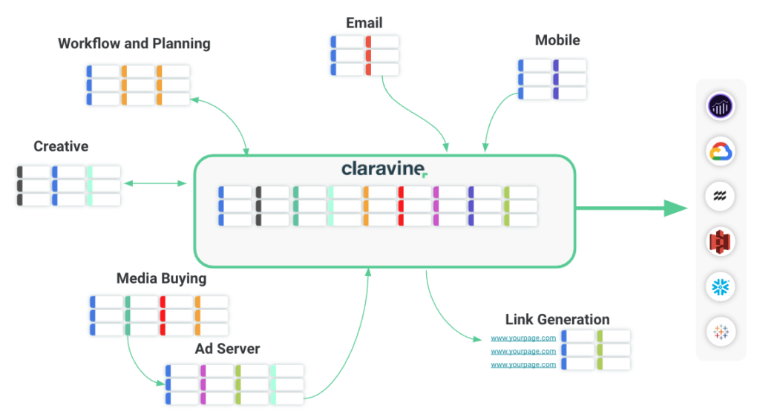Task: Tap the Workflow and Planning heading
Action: click(x=134, y=43)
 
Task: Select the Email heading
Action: click(x=364, y=23)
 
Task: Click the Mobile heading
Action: click(x=557, y=40)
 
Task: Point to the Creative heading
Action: click(x=61, y=146)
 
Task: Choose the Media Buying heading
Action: click(x=161, y=279)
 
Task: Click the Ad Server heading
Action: click(x=227, y=348)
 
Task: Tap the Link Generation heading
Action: click(x=557, y=320)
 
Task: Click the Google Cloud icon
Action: click(x=721, y=151)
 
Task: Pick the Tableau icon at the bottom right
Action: click(x=721, y=331)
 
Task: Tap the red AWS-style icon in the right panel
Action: click(x=721, y=241)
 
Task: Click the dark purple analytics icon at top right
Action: click(x=721, y=106)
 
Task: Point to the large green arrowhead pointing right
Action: click(x=675, y=209)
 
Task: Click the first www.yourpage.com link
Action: click(x=523, y=338)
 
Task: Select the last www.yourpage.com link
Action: click(x=523, y=364)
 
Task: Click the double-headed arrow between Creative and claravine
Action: click(x=156, y=183)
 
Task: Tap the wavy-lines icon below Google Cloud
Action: click(x=721, y=196)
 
